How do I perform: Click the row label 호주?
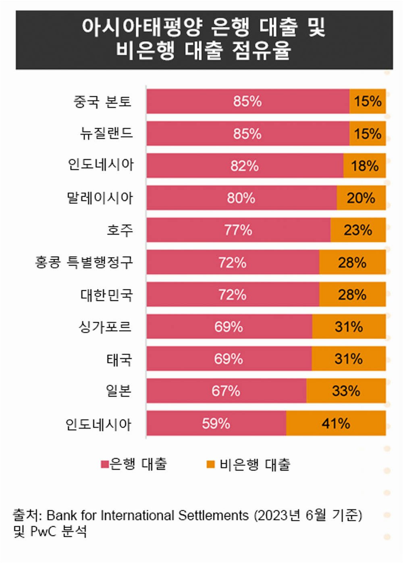[119, 230]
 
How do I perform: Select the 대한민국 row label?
[106, 295]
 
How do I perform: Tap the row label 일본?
[118, 391]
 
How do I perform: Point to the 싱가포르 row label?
[105, 326]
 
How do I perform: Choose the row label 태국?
[119, 359]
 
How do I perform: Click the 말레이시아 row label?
[100, 198]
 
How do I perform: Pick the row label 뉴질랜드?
[106, 133]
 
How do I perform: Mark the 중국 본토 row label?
[102, 101]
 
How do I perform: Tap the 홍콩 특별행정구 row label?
[84, 262]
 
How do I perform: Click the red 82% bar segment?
[245, 166]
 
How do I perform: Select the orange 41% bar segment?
[336, 423]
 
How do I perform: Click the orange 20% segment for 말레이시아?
[361, 198]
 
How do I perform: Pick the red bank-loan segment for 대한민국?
[233, 295]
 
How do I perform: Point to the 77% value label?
[238, 230]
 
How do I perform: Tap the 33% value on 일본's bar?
[346, 391]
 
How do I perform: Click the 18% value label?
[365, 166]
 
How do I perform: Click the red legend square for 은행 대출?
[105, 464]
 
